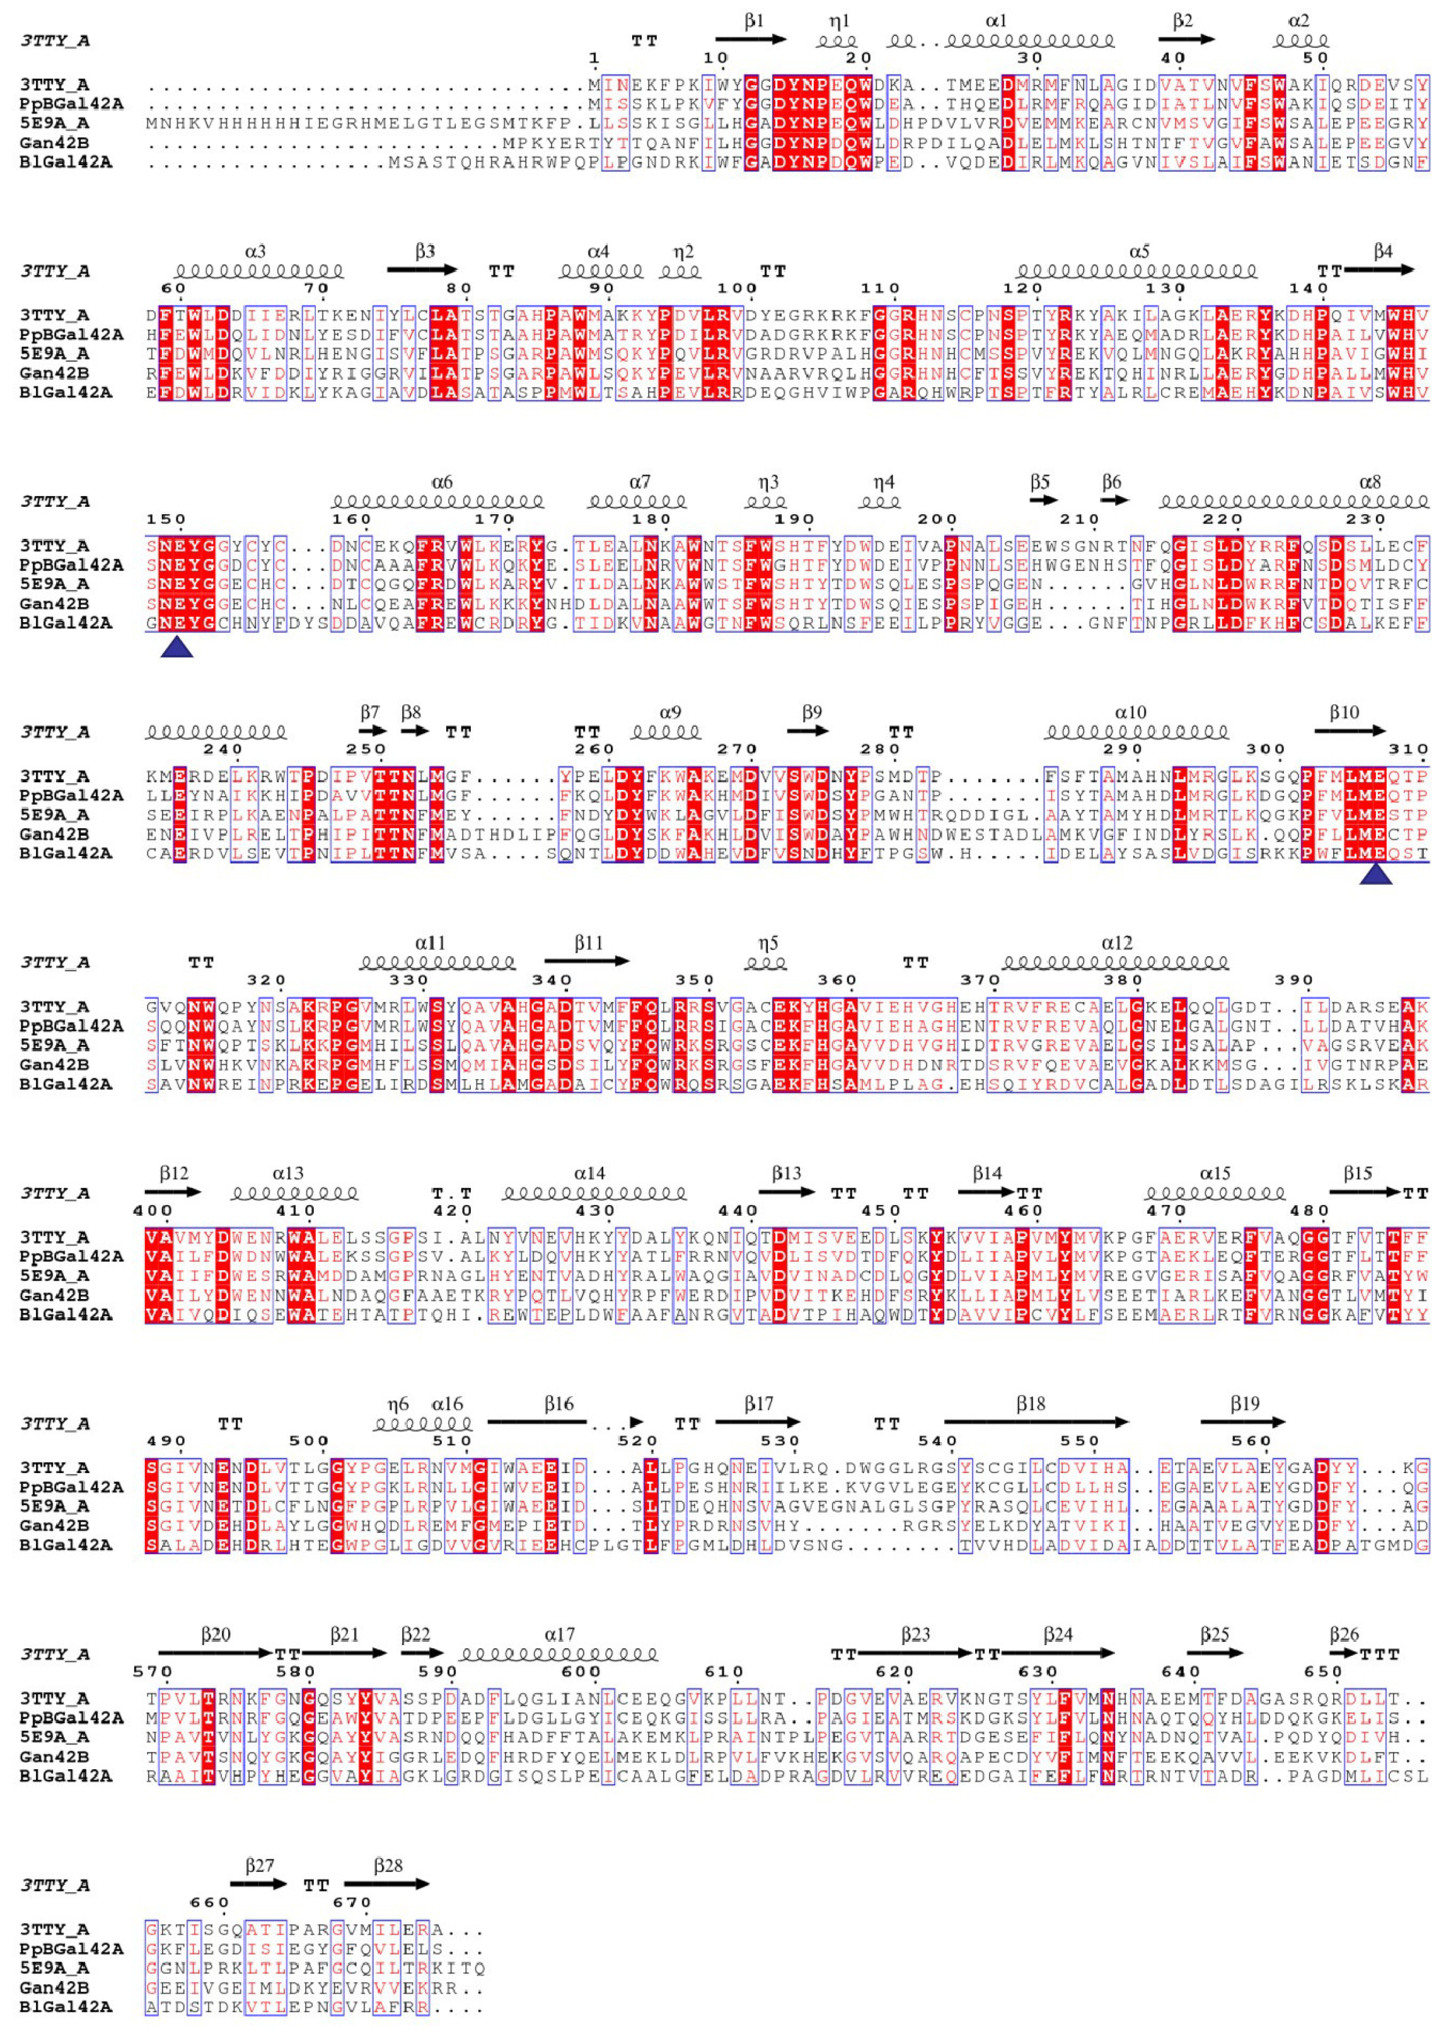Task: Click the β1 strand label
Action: pyautogui.click(x=753, y=20)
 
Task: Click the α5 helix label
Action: pyautogui.click(x=1139, y=252)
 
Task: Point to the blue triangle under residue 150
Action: pyautogui.click(x=176, y=647)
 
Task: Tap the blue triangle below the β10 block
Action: pyautogui.click(x=1375, y=876)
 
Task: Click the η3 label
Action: pyautogui.click(x=768, y=482)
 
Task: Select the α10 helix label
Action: pyautogui.click(x=1130, y=712)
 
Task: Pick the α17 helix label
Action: pyautogui.click(x=559, y=1635)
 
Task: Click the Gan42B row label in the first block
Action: pyautogui.click(x=54, y=142)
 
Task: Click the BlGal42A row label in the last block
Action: pyautogui.click(x=66, y=2007)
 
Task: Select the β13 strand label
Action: pyautogui.click(x=785, y=1174)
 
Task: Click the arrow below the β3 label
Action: pyautogui.click(x=422, y=270)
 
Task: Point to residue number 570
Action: pyautogui.click(x=153, y=1672)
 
